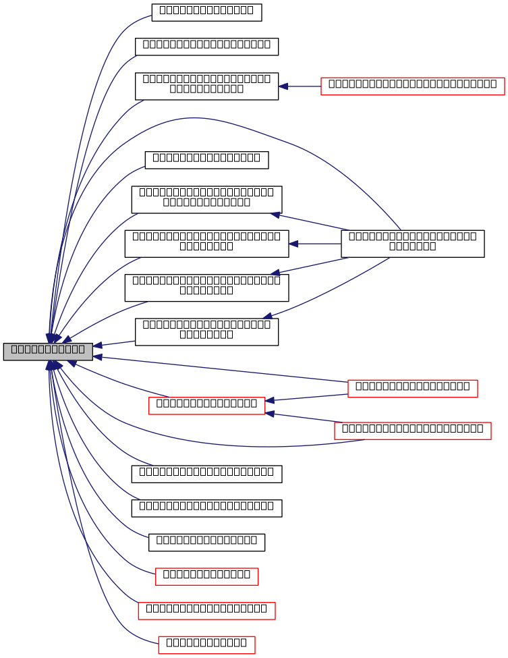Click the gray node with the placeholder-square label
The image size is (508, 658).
(x=48, y=352)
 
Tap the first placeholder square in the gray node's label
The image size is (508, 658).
(x=14, y=350)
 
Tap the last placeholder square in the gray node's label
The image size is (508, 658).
(x=82, y=350)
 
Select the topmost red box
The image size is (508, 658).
(x=412, y=86)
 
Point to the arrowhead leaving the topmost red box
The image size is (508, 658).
(x=283, y=86)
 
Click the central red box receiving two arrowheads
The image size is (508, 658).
(x=206, y=406)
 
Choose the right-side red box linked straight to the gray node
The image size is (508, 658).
(x=412, y=389)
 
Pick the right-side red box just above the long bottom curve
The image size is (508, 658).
(x=412, y=431)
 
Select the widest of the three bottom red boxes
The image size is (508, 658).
(x=206, y=611)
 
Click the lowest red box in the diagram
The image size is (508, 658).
(x=206, y=645)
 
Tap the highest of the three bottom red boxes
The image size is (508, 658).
(x=206, y=576)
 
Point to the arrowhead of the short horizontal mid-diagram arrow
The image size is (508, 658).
(x=293, y=244)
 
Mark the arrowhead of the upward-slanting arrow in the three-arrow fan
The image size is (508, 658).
(x=275, y=215)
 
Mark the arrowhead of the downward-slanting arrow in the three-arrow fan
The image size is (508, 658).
(x=275, y=273)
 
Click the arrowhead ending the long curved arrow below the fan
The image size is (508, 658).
(x=268, y=316)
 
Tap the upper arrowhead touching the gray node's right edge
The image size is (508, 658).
(x=98, y=346)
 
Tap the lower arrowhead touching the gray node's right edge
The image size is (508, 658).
(x=98, y=356)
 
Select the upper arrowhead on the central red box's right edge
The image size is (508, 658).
(x=270, y=401)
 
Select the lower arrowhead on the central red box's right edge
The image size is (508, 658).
(x=270, y=413)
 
